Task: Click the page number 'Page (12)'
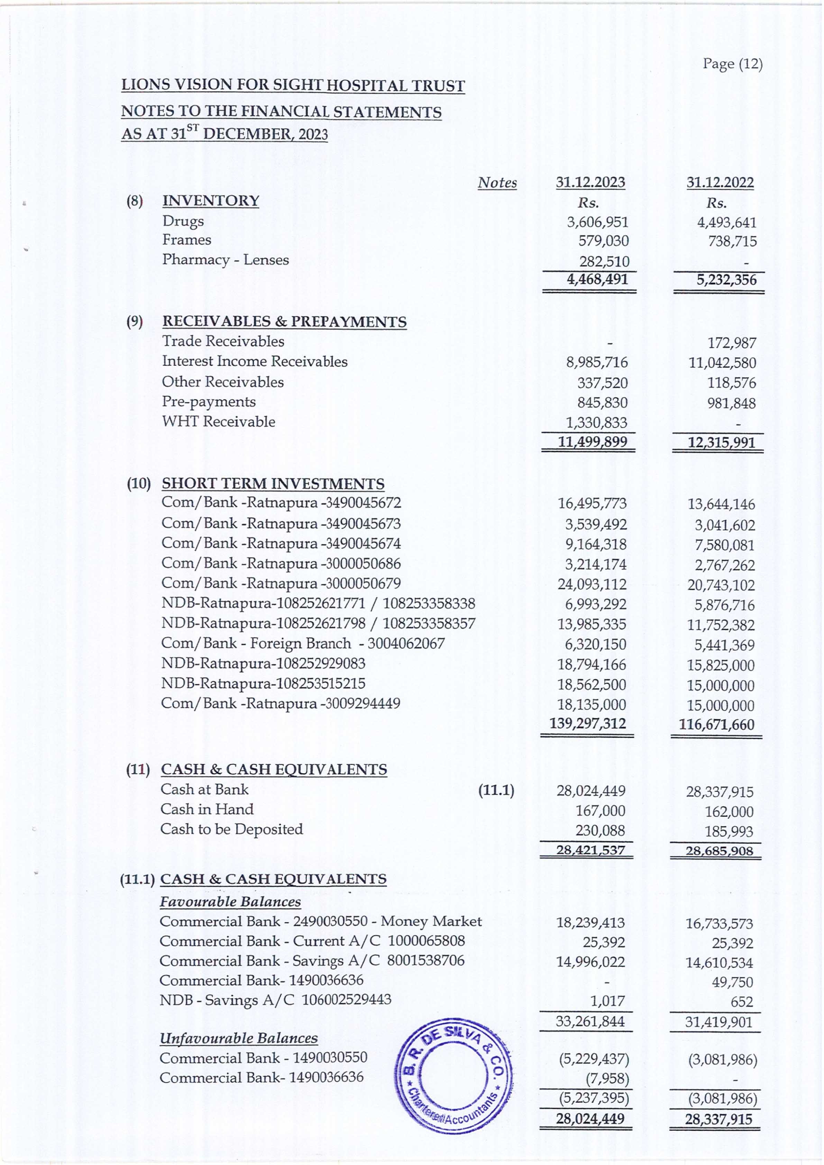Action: [732, 64]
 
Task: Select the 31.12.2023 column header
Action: [590, 182]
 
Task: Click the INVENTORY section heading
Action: [211, 201]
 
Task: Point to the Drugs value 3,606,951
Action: [597, 222]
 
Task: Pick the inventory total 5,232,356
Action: [726, 280]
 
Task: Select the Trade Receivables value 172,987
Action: [732, 343]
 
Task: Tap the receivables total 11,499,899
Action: [593, 442]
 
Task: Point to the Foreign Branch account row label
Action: [303, 644]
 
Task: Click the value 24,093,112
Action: [592, 584]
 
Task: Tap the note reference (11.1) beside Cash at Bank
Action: [496, 790]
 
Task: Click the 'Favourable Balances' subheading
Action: [230, 902]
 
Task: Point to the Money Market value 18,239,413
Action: [590, 923]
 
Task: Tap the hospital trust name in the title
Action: [293, 86]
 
